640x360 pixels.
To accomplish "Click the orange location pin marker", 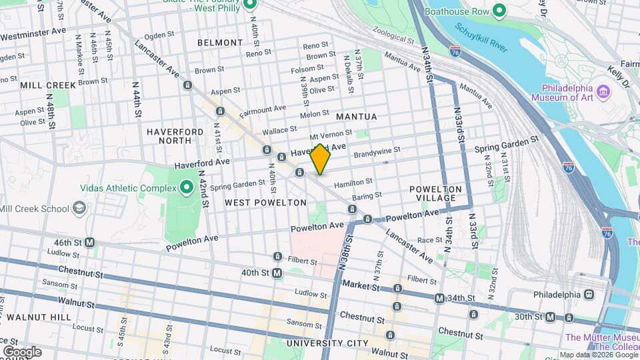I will (321, 159).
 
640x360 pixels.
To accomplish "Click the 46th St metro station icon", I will (89, 243).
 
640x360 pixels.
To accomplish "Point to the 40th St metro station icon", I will (277, 273).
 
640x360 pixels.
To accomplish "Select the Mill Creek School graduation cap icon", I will (79, 209).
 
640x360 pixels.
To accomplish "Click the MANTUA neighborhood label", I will (356, 117).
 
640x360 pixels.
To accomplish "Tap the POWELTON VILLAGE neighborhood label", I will (435, 194).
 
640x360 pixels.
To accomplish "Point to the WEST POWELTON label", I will (265, 202).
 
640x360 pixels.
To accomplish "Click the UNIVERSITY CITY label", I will (327, 343).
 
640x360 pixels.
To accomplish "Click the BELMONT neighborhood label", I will (220, 43).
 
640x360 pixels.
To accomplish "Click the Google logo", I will (21, 351).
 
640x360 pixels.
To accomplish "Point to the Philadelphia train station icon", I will (589, 294).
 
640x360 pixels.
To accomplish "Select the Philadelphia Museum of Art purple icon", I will (604, 90).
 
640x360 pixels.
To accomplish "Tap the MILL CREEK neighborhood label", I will (48, 85).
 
